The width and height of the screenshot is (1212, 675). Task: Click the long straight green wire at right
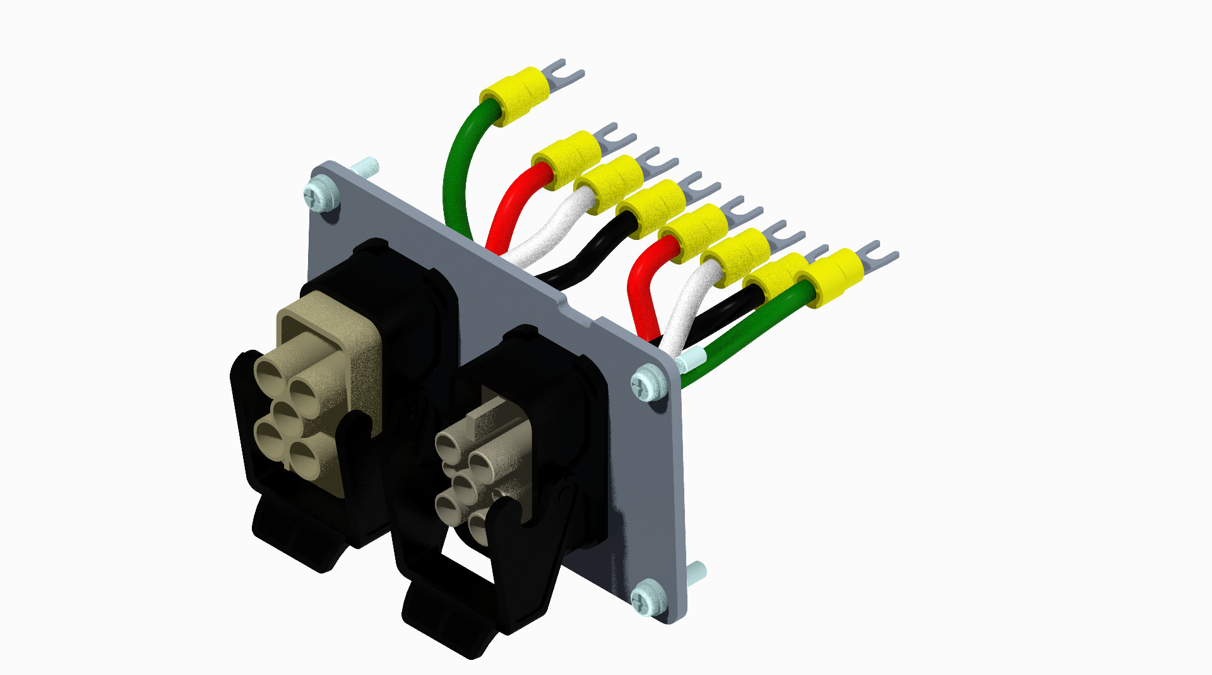click(745, 335)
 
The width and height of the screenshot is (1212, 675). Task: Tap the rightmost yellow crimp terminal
click(830, 277)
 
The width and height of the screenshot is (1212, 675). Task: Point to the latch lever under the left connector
click(297, 537)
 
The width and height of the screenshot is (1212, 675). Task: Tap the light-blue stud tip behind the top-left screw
click(366, 167)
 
